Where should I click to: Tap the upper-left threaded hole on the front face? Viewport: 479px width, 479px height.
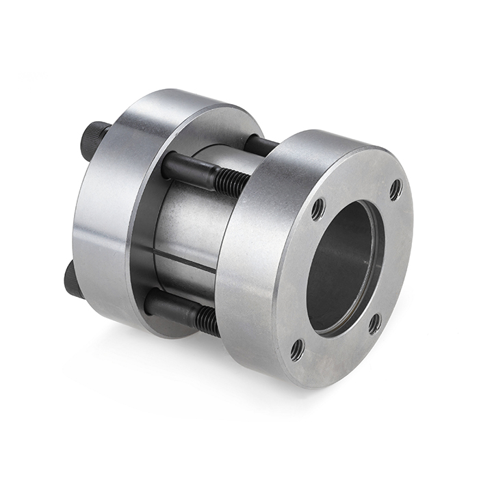pos(318,209)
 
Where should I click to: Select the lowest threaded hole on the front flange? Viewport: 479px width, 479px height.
pos(297,350)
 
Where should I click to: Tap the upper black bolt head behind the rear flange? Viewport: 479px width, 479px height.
pos(96,138)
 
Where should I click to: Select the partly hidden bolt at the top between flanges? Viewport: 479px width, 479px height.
pos(260,145)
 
